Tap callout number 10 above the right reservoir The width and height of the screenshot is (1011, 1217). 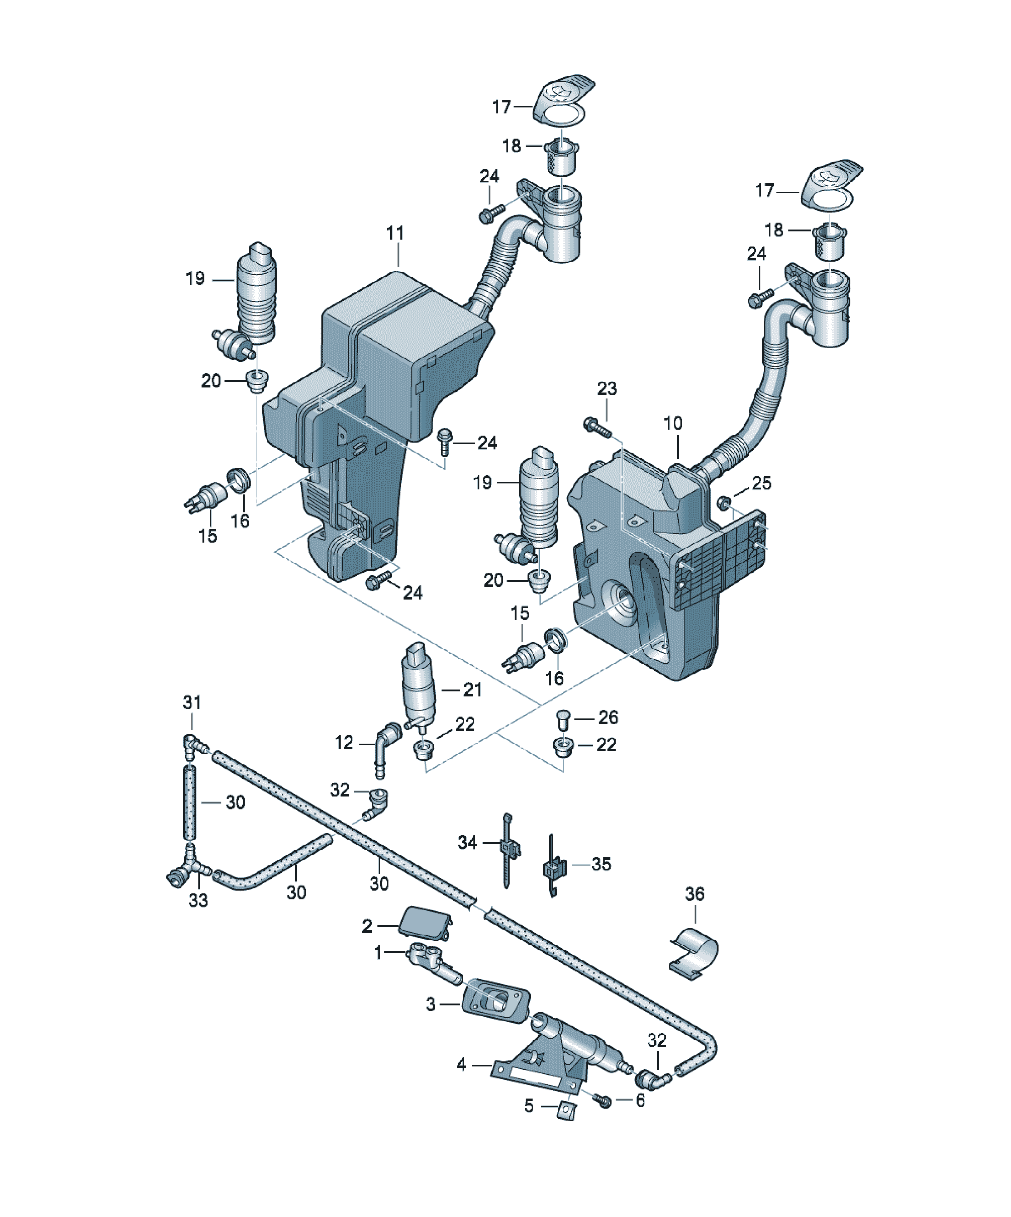673,424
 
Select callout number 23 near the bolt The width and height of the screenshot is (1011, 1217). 607,388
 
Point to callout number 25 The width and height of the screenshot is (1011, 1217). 762,483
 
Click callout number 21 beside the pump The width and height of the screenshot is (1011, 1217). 472,690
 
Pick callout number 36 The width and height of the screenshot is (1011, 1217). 695,894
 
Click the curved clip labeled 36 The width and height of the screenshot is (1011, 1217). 695,953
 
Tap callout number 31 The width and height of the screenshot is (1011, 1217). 192,702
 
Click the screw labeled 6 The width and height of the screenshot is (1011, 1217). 602,1099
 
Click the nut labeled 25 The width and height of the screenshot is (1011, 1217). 723,502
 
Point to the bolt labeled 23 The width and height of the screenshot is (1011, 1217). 596,426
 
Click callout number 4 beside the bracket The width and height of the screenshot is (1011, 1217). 461,1065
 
